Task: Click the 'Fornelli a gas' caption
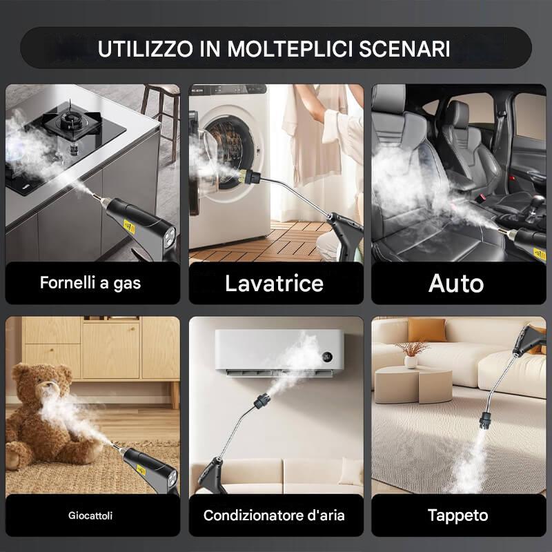pyautogui.click(x=90, y=283)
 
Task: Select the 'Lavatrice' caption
pyautogui.click(x=275, y=283)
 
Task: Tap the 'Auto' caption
pyautogui.click(x=456, y=283)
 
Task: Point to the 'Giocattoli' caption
pyautogui.click(x=90, y=515)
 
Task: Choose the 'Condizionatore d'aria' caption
pyautogui.click(x=275, y=515)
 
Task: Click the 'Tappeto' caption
pyautogui.click(x=457, y=515)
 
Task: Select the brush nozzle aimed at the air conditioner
pyautogui.click(x=263, y=399)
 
